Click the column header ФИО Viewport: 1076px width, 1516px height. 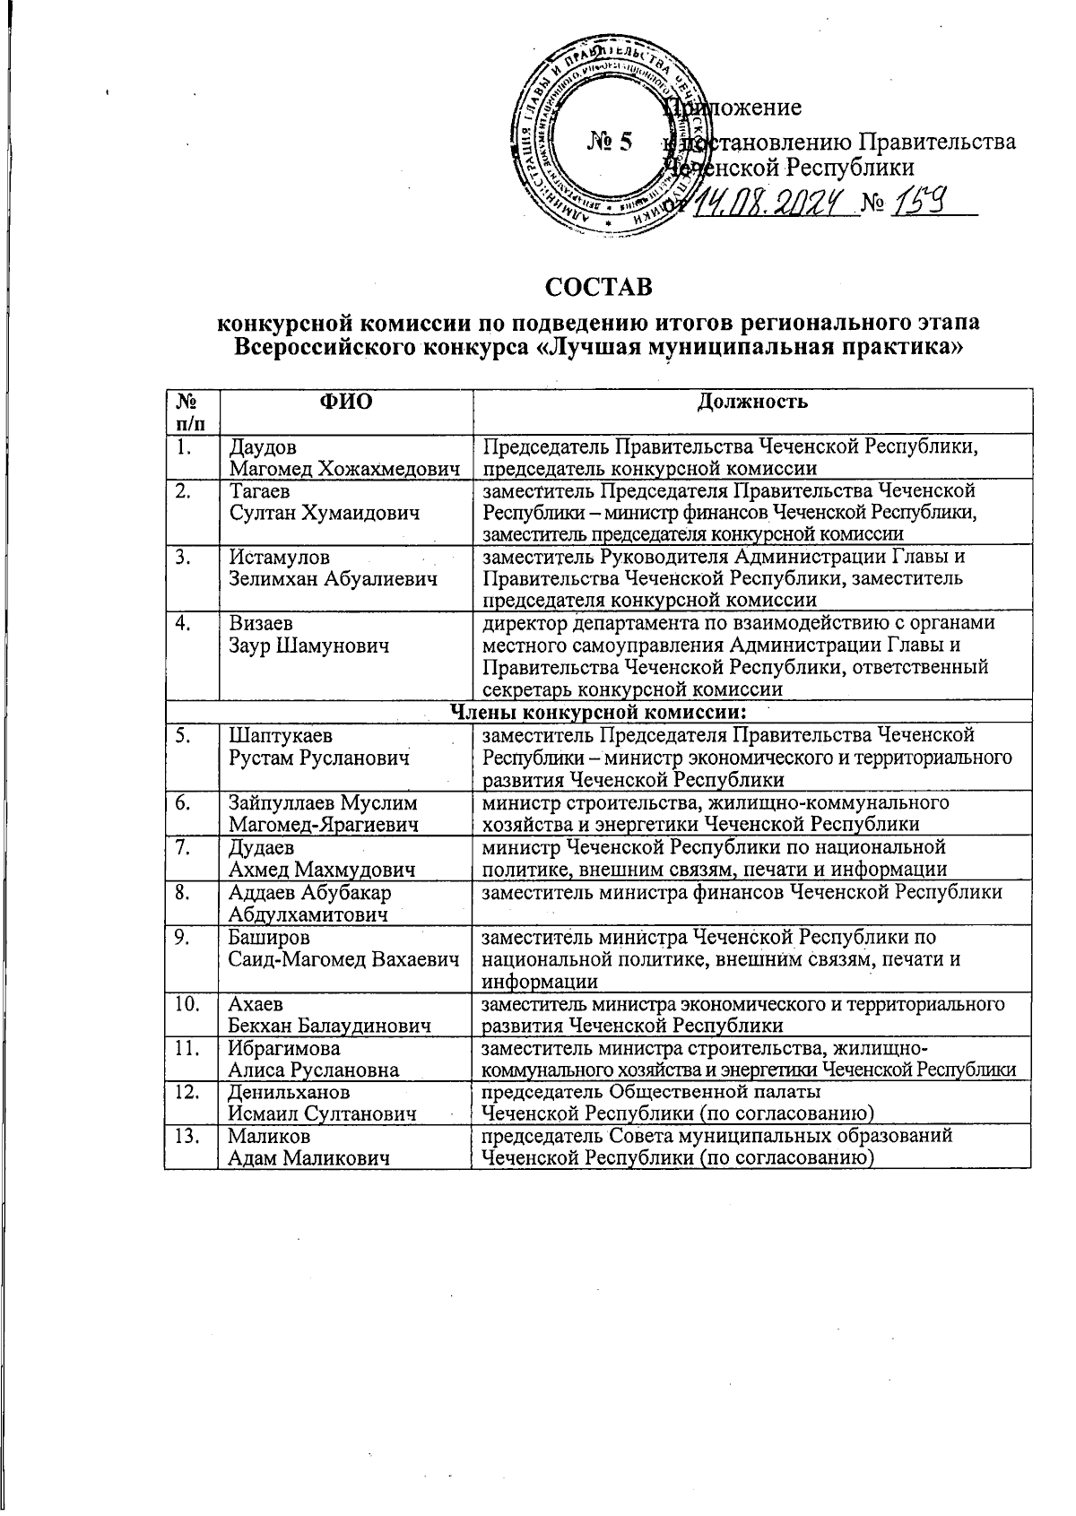(345, 402)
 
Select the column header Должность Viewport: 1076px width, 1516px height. (752, 402)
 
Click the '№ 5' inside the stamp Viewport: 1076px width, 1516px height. (610, 142)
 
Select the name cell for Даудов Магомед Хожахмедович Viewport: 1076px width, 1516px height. (345, 457)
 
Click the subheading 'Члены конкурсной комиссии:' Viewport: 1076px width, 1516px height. (598, 713)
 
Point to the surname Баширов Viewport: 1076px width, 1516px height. (269, 938)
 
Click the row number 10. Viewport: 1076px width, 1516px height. (187, 1004)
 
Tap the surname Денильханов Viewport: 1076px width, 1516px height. (290, 1093)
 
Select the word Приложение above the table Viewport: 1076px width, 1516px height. (735, 108)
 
